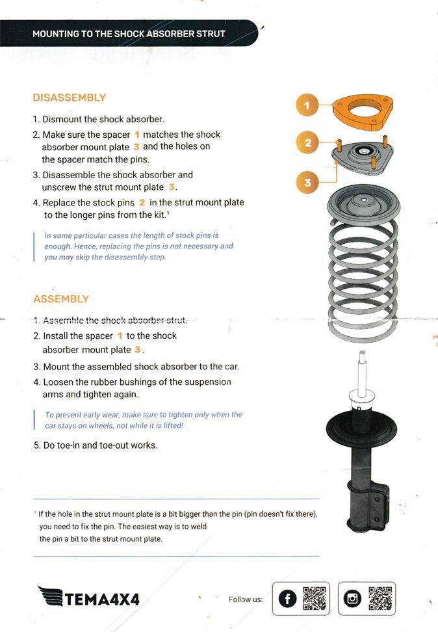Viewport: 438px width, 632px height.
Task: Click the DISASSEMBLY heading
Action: point(69,98)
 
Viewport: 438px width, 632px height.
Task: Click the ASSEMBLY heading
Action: point(61,299)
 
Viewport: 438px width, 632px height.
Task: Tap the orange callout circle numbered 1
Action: point(307,105)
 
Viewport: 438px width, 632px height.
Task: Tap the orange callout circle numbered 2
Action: point(307,143)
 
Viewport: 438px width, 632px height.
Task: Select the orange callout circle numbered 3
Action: point(307,182)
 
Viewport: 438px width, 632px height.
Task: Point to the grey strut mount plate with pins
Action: point(363,159)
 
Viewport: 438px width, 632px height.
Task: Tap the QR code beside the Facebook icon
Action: point(315,599)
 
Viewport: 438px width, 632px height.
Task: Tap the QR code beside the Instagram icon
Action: point(380,599)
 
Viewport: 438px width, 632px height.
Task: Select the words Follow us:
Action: point(246,599)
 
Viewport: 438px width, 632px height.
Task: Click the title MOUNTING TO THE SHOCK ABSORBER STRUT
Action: point(129,33)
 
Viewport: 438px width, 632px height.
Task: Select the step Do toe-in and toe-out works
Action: point(96,445)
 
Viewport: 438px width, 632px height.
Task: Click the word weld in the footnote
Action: point(198,527)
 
